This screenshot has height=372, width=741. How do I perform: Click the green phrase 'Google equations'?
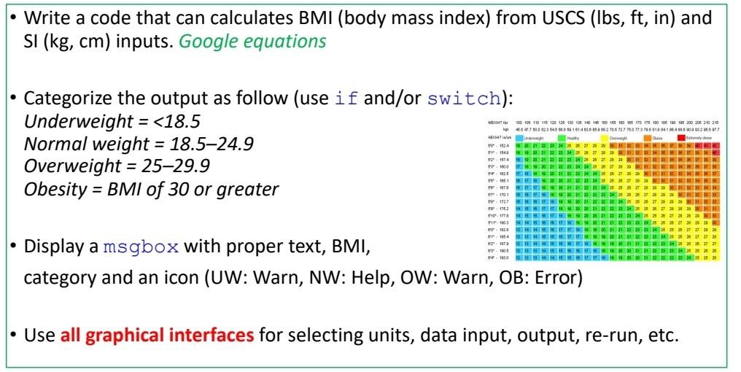tap(252, 42)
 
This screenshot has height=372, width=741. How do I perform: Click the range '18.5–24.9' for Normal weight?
tap(202, 143)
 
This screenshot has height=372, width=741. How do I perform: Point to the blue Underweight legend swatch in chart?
tap(519, 137)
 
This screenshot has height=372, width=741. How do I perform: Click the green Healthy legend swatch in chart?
tap(562, 137)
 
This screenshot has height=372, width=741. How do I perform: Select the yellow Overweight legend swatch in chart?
tap(604, 137)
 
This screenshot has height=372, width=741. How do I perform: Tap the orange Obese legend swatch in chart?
tap(648, 137)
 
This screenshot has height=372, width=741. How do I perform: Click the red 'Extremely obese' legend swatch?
tap(681, 137)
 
